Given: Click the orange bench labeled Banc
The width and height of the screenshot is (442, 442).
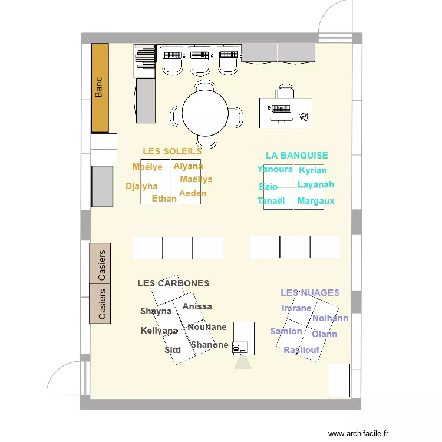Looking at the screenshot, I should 100,88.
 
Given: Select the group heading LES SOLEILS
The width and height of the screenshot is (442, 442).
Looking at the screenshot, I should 172,151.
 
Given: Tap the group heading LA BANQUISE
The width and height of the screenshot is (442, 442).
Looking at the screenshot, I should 296,156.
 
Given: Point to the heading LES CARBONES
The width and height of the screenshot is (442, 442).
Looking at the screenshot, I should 173,283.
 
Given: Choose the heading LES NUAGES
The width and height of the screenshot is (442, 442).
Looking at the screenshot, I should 310,292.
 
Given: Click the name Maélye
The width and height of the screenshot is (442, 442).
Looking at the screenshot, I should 147,167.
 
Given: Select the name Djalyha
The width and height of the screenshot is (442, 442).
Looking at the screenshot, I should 142,186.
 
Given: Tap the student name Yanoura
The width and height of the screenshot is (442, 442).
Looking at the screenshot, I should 275,169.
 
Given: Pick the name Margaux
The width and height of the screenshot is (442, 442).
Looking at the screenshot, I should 316,201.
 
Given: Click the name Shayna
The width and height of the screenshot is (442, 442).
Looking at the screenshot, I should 156,311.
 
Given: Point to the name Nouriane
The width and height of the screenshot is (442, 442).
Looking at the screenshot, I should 207,327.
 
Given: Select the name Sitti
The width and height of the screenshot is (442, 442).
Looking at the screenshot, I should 173,349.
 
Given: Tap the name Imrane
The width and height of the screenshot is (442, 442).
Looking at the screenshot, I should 296,308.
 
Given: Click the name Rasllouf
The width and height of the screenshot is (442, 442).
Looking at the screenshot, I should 302,350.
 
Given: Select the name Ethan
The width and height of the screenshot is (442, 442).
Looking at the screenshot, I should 164,199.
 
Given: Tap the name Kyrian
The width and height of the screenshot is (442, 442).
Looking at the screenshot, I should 312,170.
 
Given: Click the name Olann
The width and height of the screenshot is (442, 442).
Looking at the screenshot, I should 324,334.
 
